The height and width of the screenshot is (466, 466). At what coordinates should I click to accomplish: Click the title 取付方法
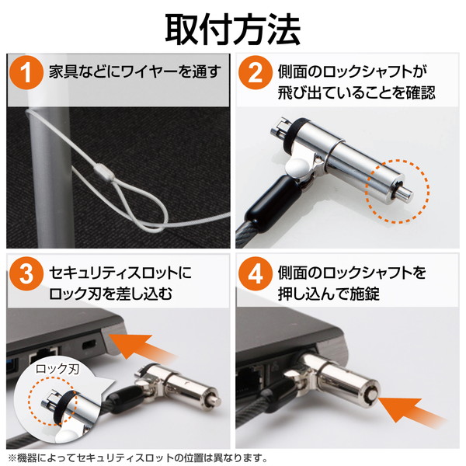pyautogui.click(x=232, y=30)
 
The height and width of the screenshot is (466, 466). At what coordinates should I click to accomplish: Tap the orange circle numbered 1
pyautogui.click(x=26, y=73)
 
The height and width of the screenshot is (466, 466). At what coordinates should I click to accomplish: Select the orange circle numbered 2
pyautogui.click(x=255, y=73)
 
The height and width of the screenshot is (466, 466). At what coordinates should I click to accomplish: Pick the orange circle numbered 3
pyautogui.click(x=26, y=273)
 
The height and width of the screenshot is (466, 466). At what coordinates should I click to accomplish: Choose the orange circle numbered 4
pyautogui.click(x=255, y=273)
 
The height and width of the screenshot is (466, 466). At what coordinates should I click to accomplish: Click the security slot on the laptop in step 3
pyautogui.click(x=89, y=345)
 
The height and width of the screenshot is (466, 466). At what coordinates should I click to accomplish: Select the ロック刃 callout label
pyautogui.click(x=57, y=370)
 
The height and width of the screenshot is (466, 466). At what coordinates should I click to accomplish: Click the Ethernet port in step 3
pyautogui.click(x=43, y=356)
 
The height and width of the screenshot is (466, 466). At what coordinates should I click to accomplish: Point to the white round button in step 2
pyautogui.click(x=298, y=167)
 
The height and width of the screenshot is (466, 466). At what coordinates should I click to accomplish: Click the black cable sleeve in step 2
pyautogui.click(x=271, y=203)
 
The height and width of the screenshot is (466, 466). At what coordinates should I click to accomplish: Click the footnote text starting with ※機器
pyautogui.click(x=138, y=457)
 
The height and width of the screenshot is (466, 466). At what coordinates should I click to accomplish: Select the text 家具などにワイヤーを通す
pyautogui.click(x=135, y=72)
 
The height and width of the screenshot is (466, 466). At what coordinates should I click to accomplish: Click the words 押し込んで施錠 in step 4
pyautogui.click(x=329, y=294)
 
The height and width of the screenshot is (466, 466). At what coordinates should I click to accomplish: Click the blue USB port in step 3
pyautogui.click(x=12, y=365)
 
